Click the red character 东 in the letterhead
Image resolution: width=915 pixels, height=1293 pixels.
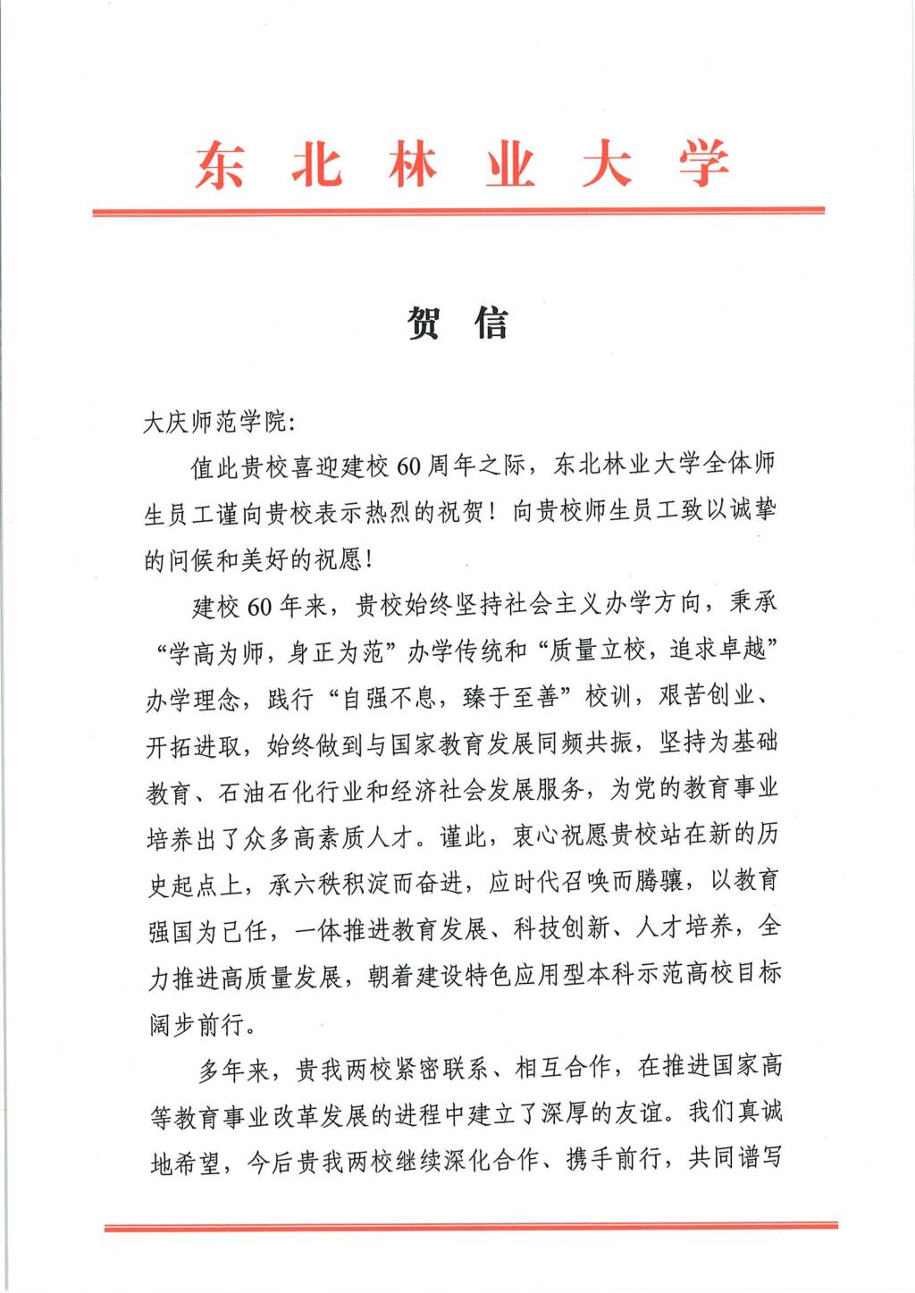click(x=219, y=165)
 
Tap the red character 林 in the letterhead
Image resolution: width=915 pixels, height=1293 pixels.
click(x=412, y=165)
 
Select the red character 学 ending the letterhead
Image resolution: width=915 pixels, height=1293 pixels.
click(x=703, y=165)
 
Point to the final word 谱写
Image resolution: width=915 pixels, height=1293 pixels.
click(x=758, y=1160)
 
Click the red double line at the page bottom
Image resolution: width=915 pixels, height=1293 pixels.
click(x=471, y=1227)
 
